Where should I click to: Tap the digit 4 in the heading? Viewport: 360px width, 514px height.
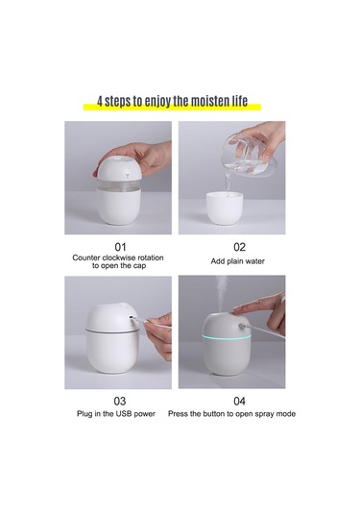[x=100, y=102]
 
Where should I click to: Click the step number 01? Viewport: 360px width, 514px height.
[x=120, y=247]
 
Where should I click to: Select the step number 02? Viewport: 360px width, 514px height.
[x=239, y=247]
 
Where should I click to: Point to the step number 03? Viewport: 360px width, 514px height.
[x=120, y=401]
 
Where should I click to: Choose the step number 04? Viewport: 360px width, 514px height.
[x=239, y=401]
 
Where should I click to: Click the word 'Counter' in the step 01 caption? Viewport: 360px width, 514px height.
[x=86, y=257]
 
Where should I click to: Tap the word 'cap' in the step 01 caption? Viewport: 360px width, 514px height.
[x=139, y=266]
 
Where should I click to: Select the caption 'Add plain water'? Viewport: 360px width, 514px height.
[x=238, y=261]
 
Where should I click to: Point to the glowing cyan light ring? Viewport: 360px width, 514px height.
[x=227, y=337]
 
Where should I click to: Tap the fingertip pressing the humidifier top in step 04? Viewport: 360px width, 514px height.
[x=237, y=308]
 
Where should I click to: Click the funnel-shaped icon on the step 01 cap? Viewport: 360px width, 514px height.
[x=127, y=176]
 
